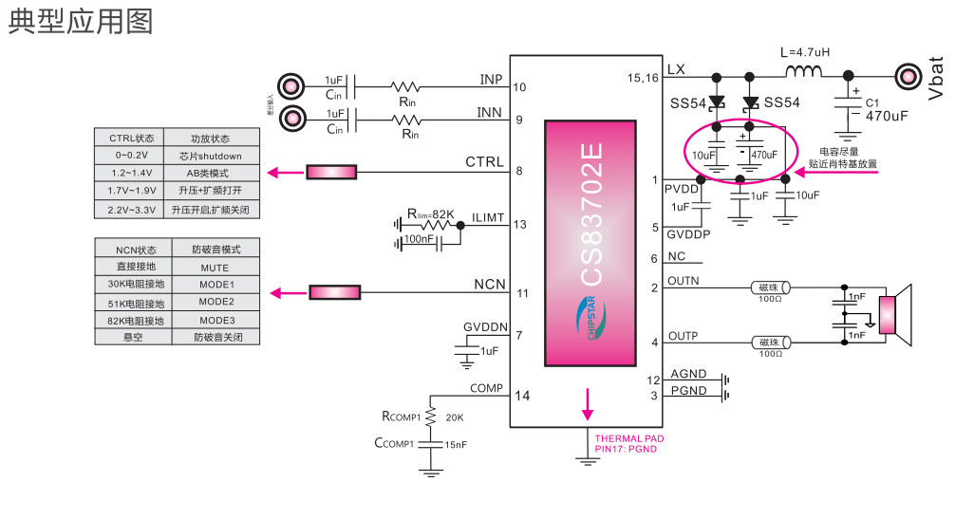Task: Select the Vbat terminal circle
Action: [908, 76]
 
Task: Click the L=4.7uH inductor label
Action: [804, 52]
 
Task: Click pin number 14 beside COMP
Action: [521, 396]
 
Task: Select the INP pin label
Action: [491, 79]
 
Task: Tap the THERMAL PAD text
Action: [628, 438]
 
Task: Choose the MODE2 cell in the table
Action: [216, 303]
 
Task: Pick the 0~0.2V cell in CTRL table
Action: [130, 155]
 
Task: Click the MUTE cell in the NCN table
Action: [215, 268]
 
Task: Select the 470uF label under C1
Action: [887, 116]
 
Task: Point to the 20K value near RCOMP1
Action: [454, 417]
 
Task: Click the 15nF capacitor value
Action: [456, 444]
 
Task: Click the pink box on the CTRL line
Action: [332, 172]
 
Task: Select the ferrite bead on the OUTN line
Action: [770, 287]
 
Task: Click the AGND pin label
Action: [688, 375]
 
